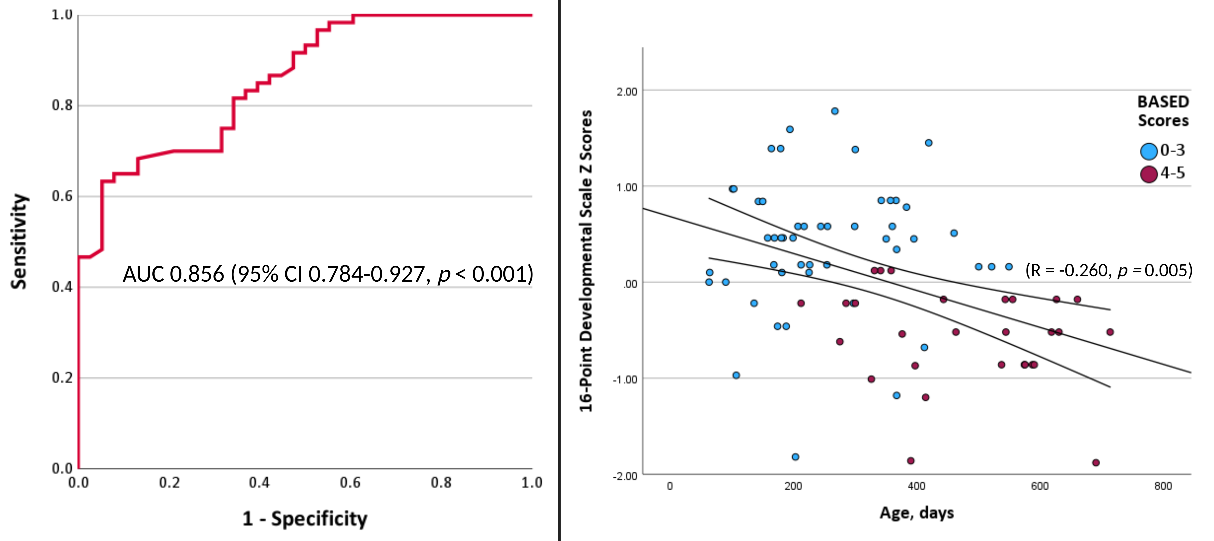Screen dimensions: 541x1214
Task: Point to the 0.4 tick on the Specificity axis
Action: (x=259, y=483)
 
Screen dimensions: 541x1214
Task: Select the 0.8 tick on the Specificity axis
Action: (x=441, y=483)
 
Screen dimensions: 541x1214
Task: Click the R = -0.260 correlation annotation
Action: (x=1108, y=270)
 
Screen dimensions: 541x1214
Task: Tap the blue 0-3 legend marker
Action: (x=1149, y=151)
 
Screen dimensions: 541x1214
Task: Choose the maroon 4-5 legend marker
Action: (x=1149, y=174)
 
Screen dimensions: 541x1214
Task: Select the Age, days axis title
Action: (x=916, y=512)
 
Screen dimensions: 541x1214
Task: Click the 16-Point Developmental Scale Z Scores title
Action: (x=586, y=261)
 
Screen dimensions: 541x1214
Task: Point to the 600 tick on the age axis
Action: (x=1040, y=486)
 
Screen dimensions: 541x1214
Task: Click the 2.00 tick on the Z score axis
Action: (x=627, y=91)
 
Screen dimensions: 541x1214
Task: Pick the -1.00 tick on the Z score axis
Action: (x=625, y=379)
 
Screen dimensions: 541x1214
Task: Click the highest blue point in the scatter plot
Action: (x=835, y=111)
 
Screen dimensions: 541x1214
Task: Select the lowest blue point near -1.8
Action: (x=795, y=457)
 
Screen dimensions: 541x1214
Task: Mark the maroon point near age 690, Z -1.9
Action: (x=1096, y=462)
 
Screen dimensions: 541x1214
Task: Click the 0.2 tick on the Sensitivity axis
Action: (x=62, y=378)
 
